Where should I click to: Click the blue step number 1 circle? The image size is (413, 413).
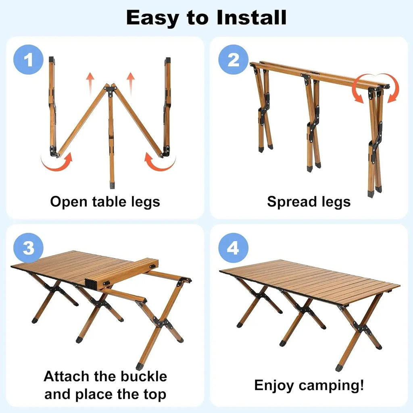(x=28, y=60)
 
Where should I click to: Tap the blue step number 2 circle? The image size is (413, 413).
(x=234, y=60)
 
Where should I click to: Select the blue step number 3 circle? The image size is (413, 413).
(x=28, y=248)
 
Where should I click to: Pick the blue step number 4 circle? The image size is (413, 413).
(x=234, y=248)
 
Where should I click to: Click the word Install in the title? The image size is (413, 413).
(x=252, y=18)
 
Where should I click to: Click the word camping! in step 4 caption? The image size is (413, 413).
(x=332, y=386)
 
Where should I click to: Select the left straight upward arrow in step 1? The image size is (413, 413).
(x=90, y=84)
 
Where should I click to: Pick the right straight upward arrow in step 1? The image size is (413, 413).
(x=131, y=84)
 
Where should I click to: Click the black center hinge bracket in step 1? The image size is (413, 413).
(x=111, y=90)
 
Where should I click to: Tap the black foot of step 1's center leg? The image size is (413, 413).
(x=112, y=184)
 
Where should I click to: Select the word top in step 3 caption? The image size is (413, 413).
(x=155, y=395)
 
